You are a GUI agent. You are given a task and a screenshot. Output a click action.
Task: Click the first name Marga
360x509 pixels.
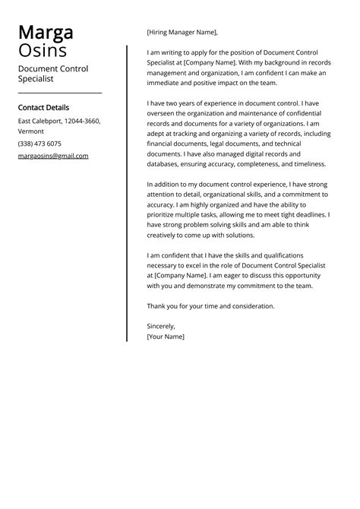[46, 33]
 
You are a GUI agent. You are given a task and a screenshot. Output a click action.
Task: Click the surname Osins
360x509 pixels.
[42, 51]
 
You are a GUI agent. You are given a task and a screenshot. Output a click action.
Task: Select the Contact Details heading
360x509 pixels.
[43, 108]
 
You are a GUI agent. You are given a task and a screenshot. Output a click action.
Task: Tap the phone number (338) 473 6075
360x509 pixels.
[39, 144]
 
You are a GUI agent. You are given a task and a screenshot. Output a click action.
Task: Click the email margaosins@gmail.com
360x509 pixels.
[53, 156]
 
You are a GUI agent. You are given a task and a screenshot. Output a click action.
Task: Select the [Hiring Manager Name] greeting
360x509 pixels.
[182, 33]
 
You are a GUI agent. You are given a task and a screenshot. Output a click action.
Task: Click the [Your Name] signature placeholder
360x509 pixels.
[166, 336]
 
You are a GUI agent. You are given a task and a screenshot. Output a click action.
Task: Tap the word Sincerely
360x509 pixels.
[161, 325]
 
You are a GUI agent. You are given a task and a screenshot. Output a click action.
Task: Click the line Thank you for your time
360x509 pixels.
[210, 306]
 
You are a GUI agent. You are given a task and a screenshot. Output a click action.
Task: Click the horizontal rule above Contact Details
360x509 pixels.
[59, 93]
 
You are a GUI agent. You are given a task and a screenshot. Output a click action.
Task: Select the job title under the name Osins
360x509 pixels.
[53, 73]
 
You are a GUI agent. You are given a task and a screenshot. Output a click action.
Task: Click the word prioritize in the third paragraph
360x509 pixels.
[166, 215]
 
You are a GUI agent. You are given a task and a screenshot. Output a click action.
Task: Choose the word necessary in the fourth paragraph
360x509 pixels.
[166, 265]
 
